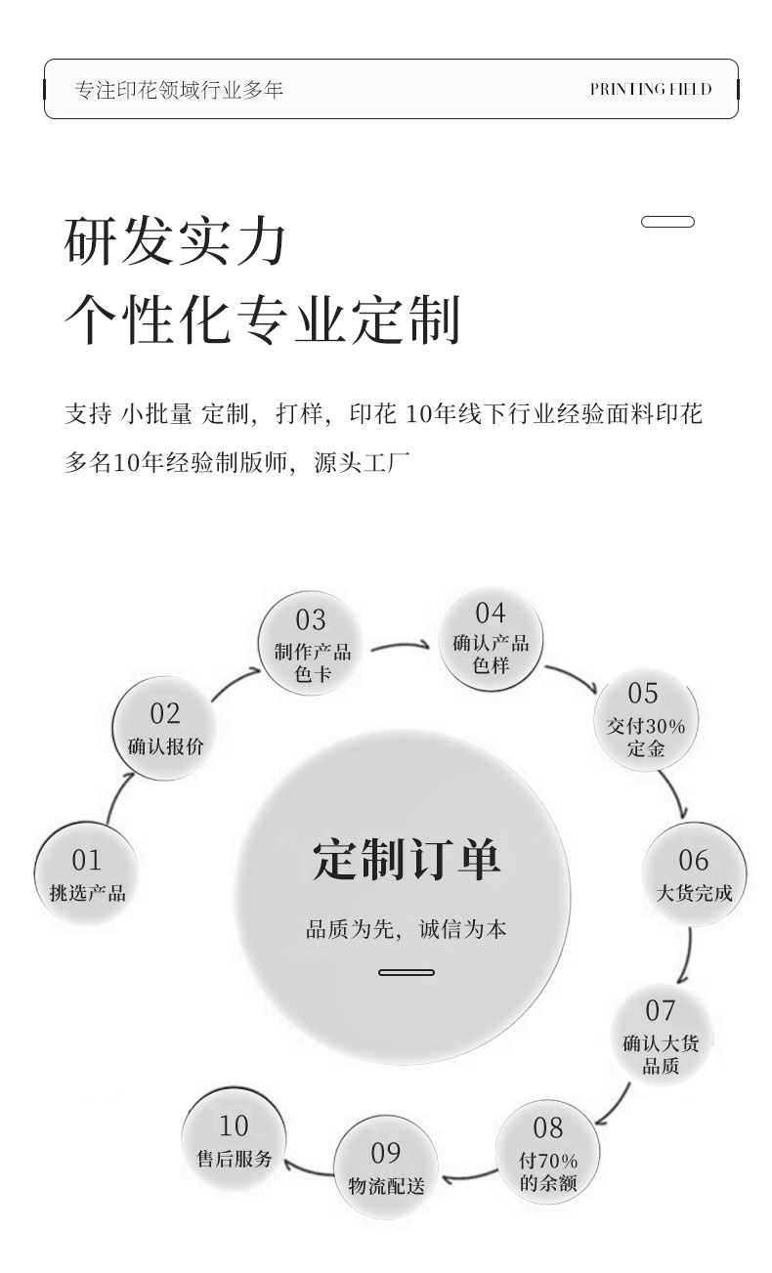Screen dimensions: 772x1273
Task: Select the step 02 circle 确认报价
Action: tap(164, 729)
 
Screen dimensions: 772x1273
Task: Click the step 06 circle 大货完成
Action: tap(693, 873)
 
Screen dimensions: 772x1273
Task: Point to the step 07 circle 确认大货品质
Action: tap(661, 1036)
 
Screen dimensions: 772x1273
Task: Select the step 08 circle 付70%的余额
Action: tap(548, 1154)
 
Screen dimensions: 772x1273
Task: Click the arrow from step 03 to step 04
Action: tap(401, 646)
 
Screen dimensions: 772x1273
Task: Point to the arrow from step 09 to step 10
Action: tap(306, 1167)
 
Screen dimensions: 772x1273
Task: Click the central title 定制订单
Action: tap(406, 860)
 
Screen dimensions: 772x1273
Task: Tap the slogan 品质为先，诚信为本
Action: tap(406, 929)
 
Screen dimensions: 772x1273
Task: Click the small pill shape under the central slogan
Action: tap(406, 972)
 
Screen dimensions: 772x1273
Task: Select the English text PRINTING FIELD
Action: tap(650, 89)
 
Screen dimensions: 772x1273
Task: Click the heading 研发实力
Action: tap(176, 242)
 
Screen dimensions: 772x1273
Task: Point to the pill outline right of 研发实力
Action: tap(667, 222)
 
